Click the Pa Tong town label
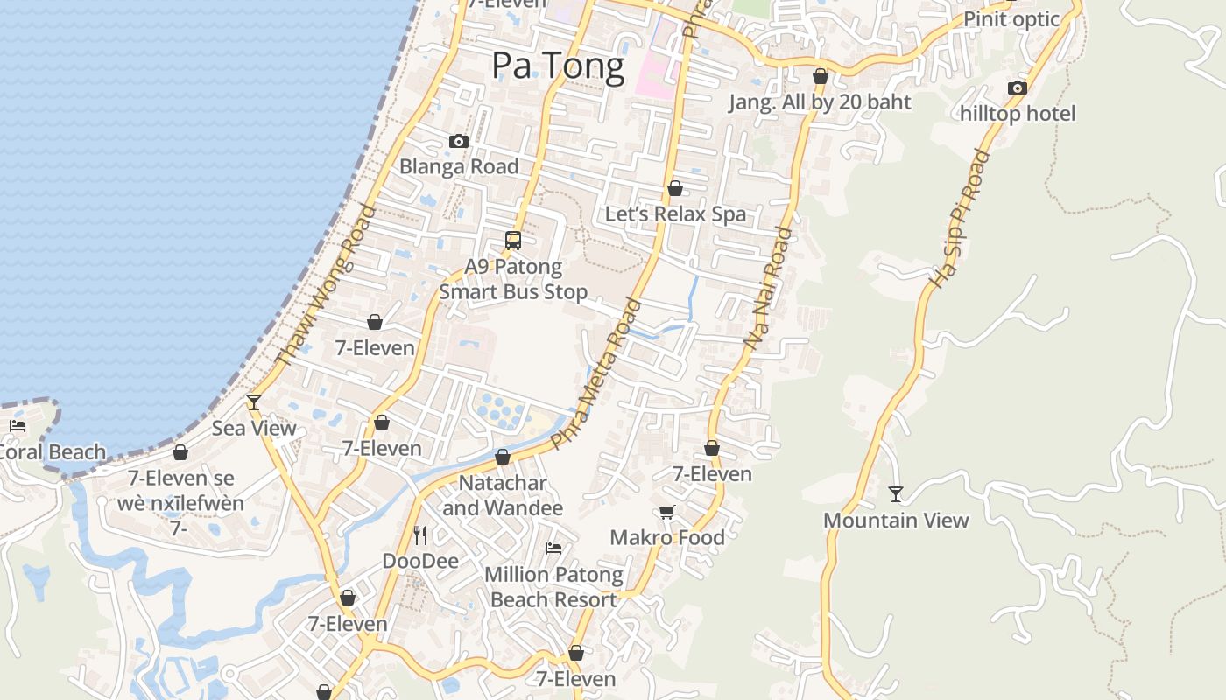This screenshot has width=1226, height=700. (558, 66)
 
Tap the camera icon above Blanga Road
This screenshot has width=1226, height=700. (458, 141)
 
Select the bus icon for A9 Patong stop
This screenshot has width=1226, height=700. (513, 240)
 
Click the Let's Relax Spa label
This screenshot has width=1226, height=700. (675, 214)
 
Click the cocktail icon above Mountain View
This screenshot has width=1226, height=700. (895, 494)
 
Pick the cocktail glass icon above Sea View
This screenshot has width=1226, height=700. (254, 402)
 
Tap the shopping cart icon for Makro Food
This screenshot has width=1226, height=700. (667, 512)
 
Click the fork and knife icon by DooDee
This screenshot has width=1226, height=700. (420, 535)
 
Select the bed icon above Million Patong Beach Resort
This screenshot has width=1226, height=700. (553, 549)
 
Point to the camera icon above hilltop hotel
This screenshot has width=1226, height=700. (1017, 87)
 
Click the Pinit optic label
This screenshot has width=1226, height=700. (1011, 19)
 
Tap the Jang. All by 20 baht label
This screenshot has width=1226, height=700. (820, 102)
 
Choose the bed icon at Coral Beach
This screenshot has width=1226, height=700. (18, 427)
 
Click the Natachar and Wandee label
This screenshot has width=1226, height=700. (503, 495)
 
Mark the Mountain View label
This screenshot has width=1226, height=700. (896, 521)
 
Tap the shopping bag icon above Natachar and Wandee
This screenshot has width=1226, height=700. (503, 457)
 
